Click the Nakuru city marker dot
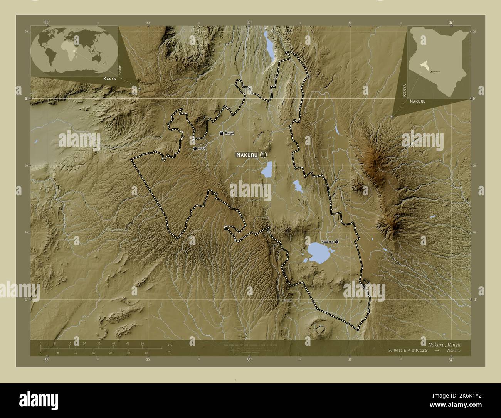pos(264,155)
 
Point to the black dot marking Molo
pos(195,148)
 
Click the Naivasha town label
pos(327,242)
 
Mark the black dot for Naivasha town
pos(337,242)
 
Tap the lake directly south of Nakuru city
pos(267,170)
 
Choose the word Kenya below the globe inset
pos(109,78)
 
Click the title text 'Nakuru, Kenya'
pos(444,344)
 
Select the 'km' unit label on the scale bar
pos(170,344)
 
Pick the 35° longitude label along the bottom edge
pos(46,360)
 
